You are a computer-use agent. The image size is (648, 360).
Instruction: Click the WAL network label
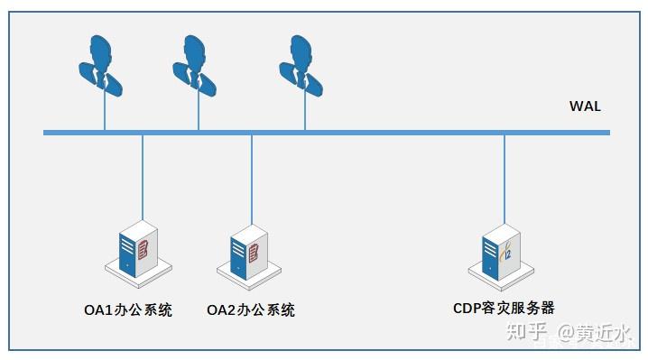[585, 106]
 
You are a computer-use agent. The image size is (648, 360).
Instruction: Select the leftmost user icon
[100, 66]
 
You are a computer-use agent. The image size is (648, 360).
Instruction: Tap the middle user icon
[194, 66]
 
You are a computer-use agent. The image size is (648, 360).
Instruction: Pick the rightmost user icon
[301, 66]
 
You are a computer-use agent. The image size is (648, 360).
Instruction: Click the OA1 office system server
[138, 254]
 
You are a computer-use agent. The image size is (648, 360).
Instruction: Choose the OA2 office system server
[249, 257]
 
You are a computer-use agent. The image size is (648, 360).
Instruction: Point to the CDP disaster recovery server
[501, 257]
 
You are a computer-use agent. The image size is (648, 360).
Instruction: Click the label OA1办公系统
[128, 310]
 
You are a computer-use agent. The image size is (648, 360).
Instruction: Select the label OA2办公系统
[251, 310]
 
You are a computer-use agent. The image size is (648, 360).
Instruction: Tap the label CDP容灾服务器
[504, 308]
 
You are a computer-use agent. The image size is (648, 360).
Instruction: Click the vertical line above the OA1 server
[143, 178]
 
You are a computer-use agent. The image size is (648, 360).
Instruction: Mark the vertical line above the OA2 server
[252, 180]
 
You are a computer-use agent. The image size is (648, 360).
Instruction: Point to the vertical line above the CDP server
[505, 180]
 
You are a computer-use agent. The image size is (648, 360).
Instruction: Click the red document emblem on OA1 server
[143, 249]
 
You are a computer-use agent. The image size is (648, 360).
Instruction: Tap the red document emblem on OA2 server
[254, 253]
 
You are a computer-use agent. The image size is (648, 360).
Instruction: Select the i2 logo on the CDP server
[505, 252]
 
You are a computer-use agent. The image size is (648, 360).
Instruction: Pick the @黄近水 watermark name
[594, 333]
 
